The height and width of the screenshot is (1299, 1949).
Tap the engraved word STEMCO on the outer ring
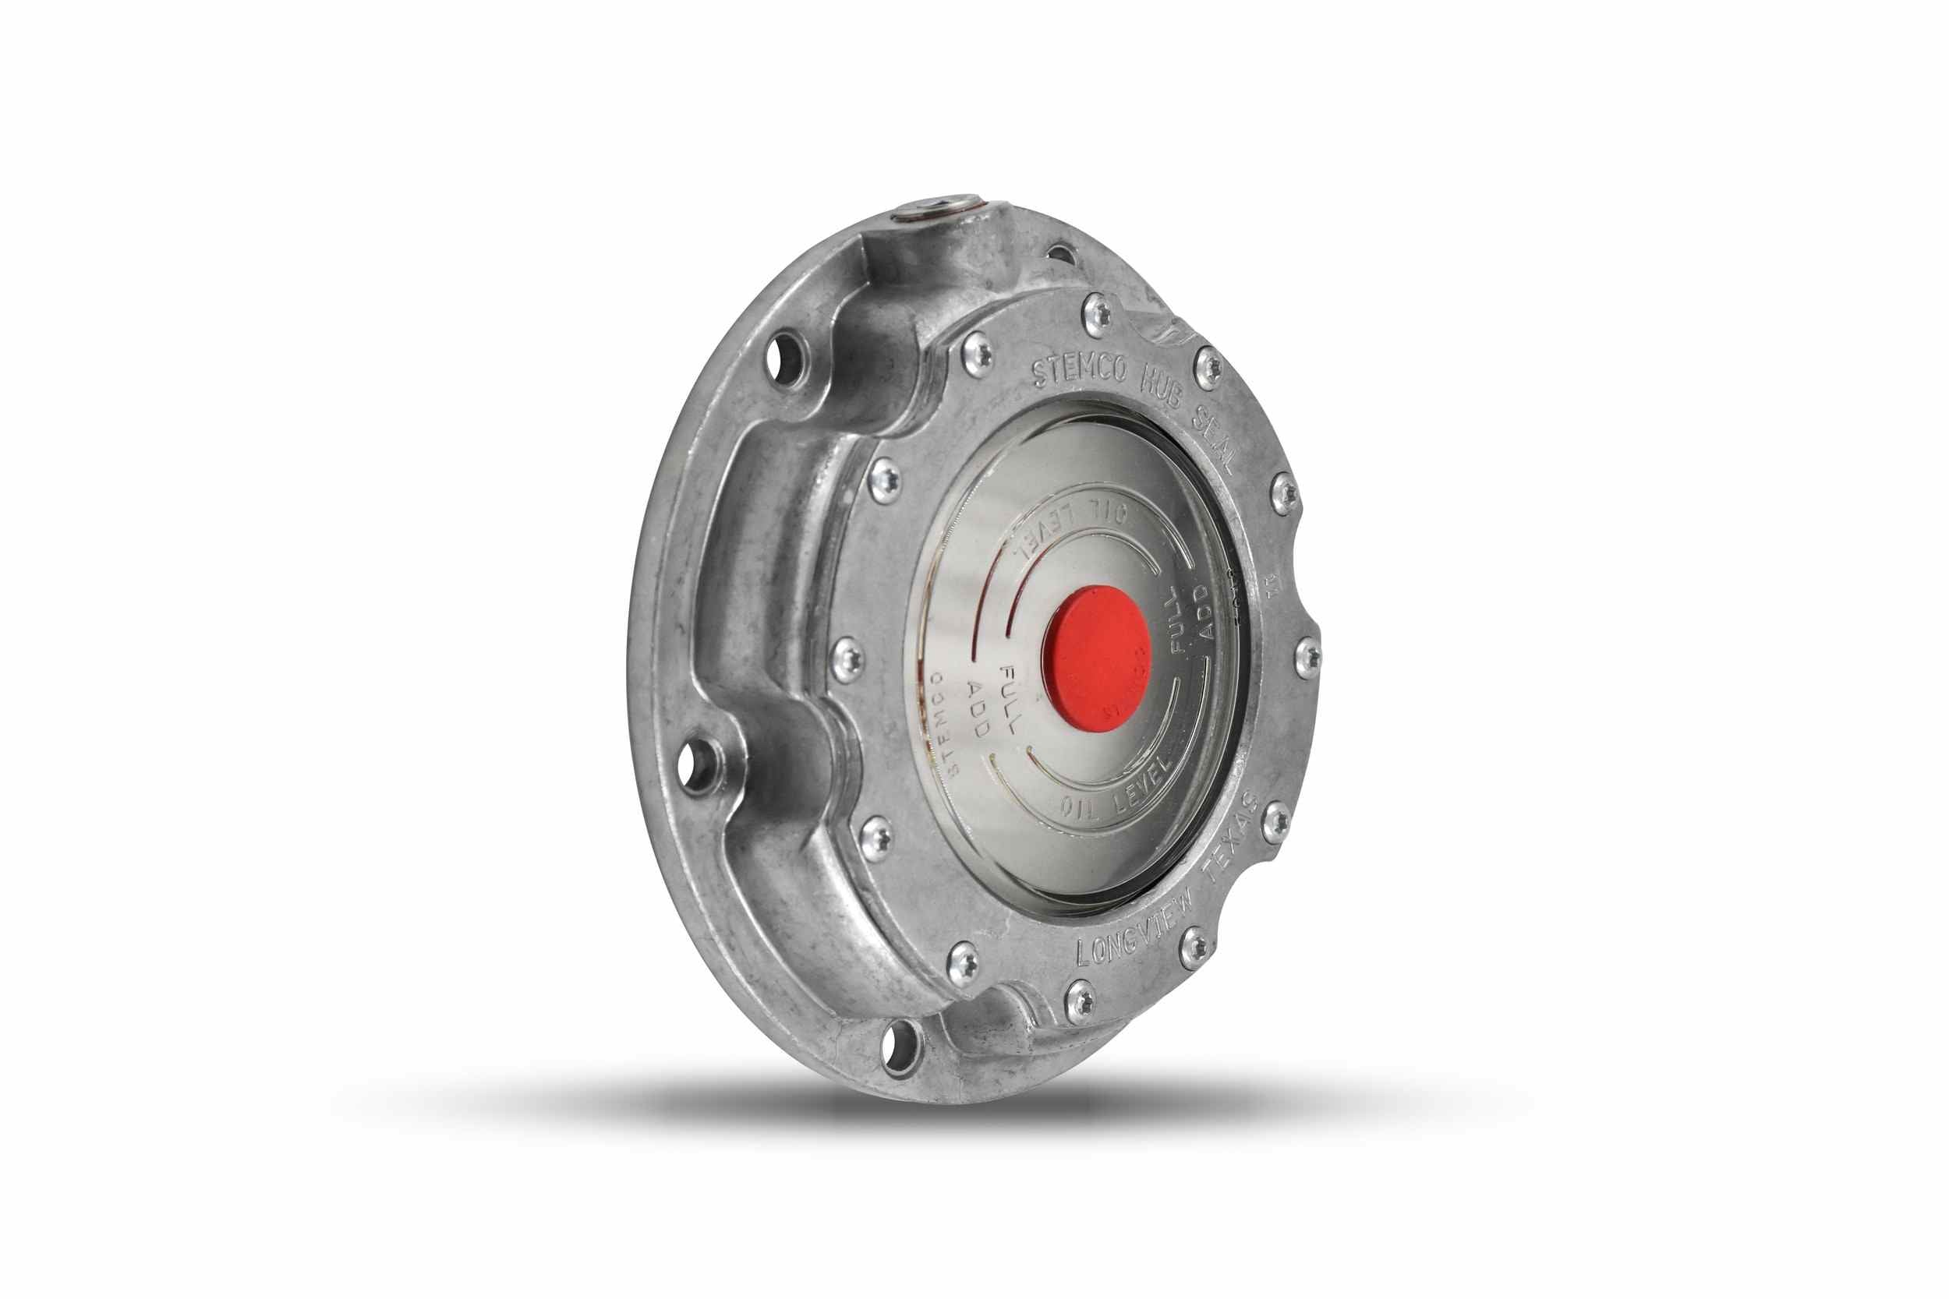click(1078, 370)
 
